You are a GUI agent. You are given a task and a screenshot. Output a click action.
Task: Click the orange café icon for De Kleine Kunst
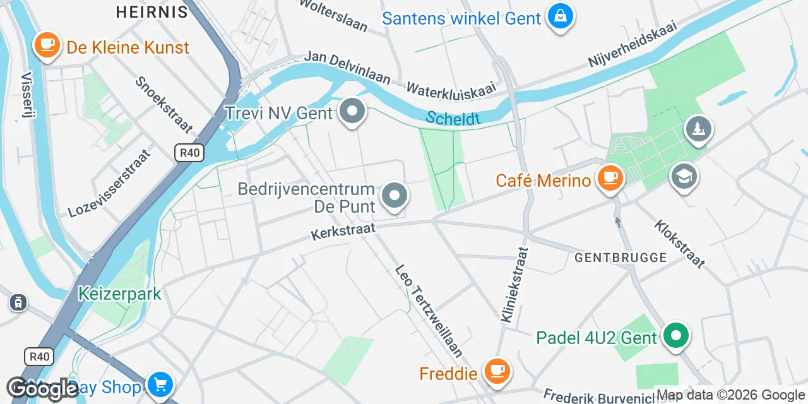(47, 45)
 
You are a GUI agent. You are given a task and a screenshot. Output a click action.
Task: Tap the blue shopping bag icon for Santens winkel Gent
(560, 17)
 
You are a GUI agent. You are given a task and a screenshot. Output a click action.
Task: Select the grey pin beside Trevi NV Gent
(352, 112)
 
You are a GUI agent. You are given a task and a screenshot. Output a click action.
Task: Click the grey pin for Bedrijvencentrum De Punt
(395, 196)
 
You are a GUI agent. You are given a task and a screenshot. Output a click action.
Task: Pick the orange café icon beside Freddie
(497, 371)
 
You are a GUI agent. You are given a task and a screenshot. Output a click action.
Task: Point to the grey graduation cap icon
(684, 177)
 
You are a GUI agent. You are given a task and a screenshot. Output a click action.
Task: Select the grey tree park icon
(698, 129)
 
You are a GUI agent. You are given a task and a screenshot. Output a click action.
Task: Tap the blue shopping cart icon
(160, 384)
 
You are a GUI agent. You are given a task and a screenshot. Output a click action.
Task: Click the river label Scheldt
(453, 118)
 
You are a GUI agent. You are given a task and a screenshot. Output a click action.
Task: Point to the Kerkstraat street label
(343, 231)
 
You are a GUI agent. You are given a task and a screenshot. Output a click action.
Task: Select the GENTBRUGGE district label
(621, 258)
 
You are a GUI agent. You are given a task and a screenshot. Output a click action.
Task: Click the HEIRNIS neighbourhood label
(152, 11)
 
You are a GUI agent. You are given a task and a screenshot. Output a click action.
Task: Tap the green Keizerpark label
(120, 294)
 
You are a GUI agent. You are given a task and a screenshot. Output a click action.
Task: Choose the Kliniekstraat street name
(515, 284)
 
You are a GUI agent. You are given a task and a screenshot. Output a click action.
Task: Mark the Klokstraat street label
(679, 244)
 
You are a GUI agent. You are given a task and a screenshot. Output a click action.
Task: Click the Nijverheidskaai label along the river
(633, 44)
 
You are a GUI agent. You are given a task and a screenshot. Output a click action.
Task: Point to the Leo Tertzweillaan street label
(429, 311)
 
